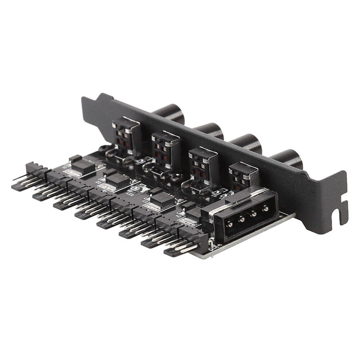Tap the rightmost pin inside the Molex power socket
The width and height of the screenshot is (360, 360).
click(266, 208)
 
